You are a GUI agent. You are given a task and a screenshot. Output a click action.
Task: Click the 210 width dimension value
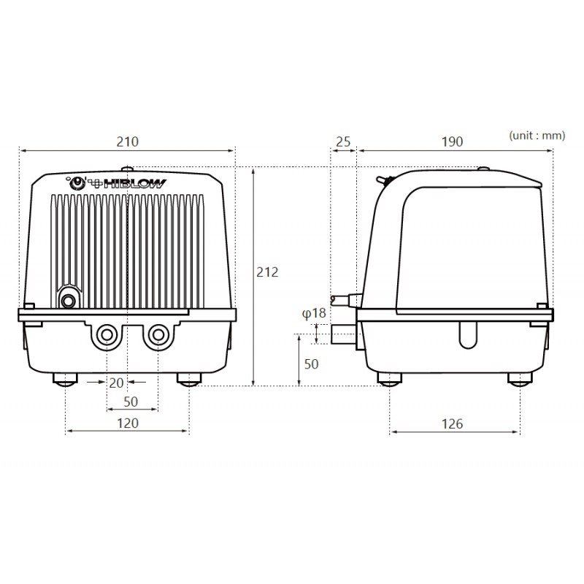[127, 141]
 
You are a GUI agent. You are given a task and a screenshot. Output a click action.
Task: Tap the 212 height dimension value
[268, 272]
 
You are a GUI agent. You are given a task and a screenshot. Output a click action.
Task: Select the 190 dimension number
[452, 141]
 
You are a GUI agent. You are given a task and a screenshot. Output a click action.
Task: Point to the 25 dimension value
[342, 141]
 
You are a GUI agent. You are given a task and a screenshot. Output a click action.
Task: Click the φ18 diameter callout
[314, 313]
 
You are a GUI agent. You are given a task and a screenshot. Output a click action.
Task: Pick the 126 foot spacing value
[453, 423]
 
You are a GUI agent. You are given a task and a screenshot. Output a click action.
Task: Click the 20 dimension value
[116, 381]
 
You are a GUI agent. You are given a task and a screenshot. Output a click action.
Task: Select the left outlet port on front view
[107, 336]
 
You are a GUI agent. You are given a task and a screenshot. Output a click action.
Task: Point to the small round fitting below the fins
[69, 300]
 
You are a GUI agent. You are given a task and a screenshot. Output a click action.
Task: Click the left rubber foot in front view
[66, 379]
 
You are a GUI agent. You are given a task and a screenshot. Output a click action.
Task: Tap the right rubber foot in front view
[189, 379]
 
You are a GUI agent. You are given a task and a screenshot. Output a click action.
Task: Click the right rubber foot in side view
[520, 379]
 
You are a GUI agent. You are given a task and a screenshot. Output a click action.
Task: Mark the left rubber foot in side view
[390, 379]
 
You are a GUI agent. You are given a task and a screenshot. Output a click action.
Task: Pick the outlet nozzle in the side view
[343, 336]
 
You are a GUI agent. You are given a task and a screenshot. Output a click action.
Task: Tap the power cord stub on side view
[342, 299]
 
